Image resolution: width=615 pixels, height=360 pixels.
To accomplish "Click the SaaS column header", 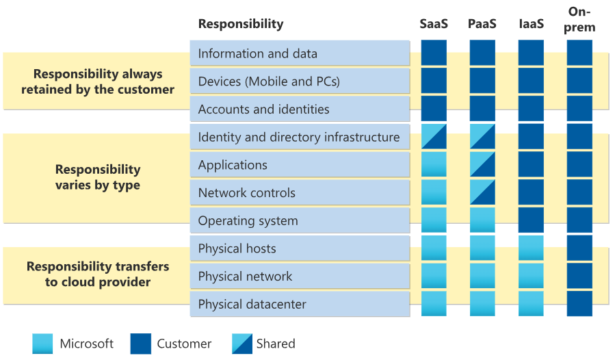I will click(x=434, y=24).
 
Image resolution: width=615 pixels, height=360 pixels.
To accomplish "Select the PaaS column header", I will click(x=482, y=24).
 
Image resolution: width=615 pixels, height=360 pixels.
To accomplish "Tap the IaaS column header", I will click(x=531, y=24).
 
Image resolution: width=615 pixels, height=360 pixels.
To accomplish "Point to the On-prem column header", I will click(x=580, y=19).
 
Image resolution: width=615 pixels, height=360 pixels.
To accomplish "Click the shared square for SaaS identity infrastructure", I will click(x=434, y=137).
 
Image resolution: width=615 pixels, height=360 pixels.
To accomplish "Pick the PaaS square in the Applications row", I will click(x=482, y=165).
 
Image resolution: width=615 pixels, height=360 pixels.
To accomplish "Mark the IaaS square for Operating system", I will click(x=531, y=220).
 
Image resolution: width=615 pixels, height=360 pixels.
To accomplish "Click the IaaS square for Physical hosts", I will click(x=531, y=248).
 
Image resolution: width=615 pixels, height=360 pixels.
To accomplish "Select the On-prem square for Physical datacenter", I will click(x=580, y=304).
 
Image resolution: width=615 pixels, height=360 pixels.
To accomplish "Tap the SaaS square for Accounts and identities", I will click(x=434, y=109).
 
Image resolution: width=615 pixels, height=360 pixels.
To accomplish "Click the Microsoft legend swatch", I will click(x=42, y=344).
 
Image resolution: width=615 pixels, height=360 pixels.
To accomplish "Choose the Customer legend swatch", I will click(x=140, y=344).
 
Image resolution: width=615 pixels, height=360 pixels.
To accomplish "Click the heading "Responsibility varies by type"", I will click(x=98, y=177).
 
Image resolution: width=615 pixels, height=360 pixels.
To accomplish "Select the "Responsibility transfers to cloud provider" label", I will click(x=98, y=274).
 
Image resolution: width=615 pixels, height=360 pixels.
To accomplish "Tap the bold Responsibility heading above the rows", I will click(x=240, y=24).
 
